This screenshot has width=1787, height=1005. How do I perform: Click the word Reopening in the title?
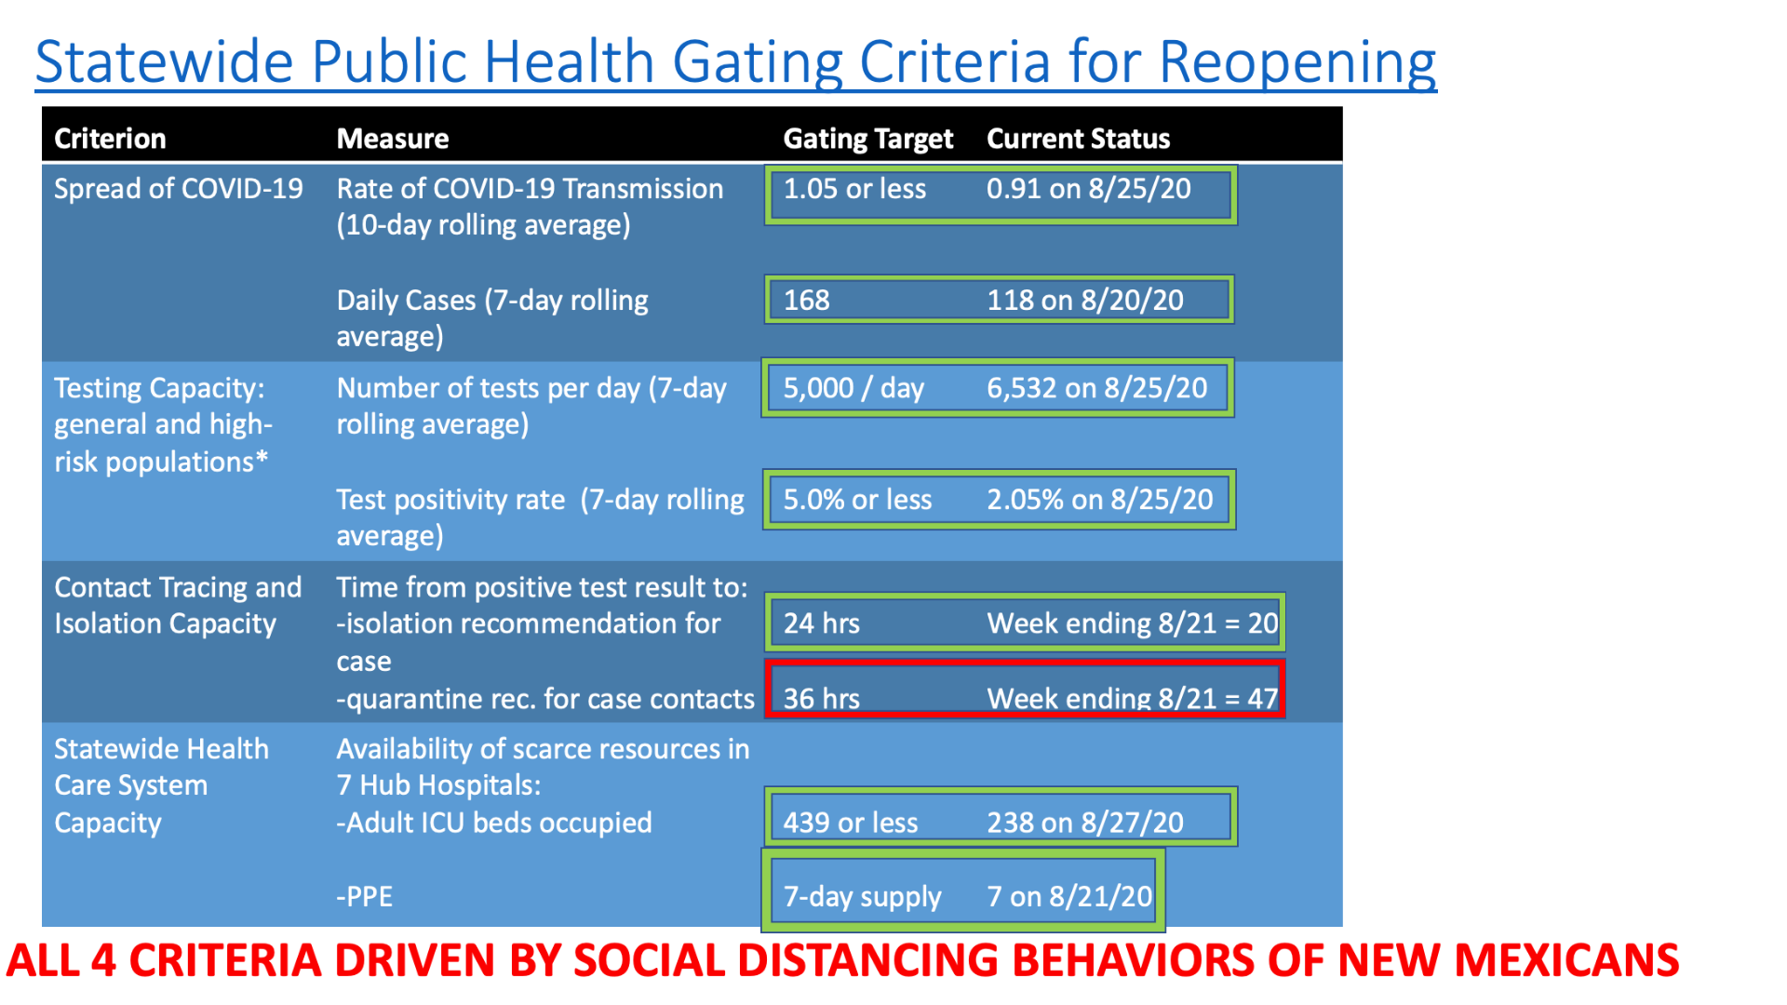(x=1297, y=62)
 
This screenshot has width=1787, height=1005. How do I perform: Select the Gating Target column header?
(x=868, y=139)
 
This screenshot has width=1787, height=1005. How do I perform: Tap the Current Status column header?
(x=1078, y=139)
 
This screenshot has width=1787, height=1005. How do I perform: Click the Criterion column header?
(x=110, y=139)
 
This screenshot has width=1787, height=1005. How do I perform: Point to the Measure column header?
(x=393, y=139)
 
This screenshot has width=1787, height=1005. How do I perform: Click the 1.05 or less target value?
(x=854, y=189)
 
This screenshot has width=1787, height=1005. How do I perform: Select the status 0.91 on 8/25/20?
(x=1089, y=189)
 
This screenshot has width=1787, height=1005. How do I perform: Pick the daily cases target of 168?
(x=806, y=301)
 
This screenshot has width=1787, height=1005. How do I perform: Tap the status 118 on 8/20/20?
(x=1085, y=301)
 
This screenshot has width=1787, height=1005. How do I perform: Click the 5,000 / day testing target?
(x=853, y=388)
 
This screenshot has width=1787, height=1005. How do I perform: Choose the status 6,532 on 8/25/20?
(x=1097, y=388)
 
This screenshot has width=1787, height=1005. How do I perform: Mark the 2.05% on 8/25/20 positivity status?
(x=1100, y=500)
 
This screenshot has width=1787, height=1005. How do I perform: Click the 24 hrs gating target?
(x=822, y=623)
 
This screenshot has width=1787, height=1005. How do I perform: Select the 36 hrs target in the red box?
(x=822, y=699)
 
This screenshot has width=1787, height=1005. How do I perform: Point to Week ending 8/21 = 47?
(x=1133, y=699)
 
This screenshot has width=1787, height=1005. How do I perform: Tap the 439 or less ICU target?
(x=851, y=823)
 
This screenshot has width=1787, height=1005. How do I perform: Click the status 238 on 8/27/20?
(x=1085, y=823)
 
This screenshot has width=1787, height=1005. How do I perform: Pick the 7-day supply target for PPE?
(x=863, y=897)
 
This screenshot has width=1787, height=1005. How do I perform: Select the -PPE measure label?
(x=365, y=897)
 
